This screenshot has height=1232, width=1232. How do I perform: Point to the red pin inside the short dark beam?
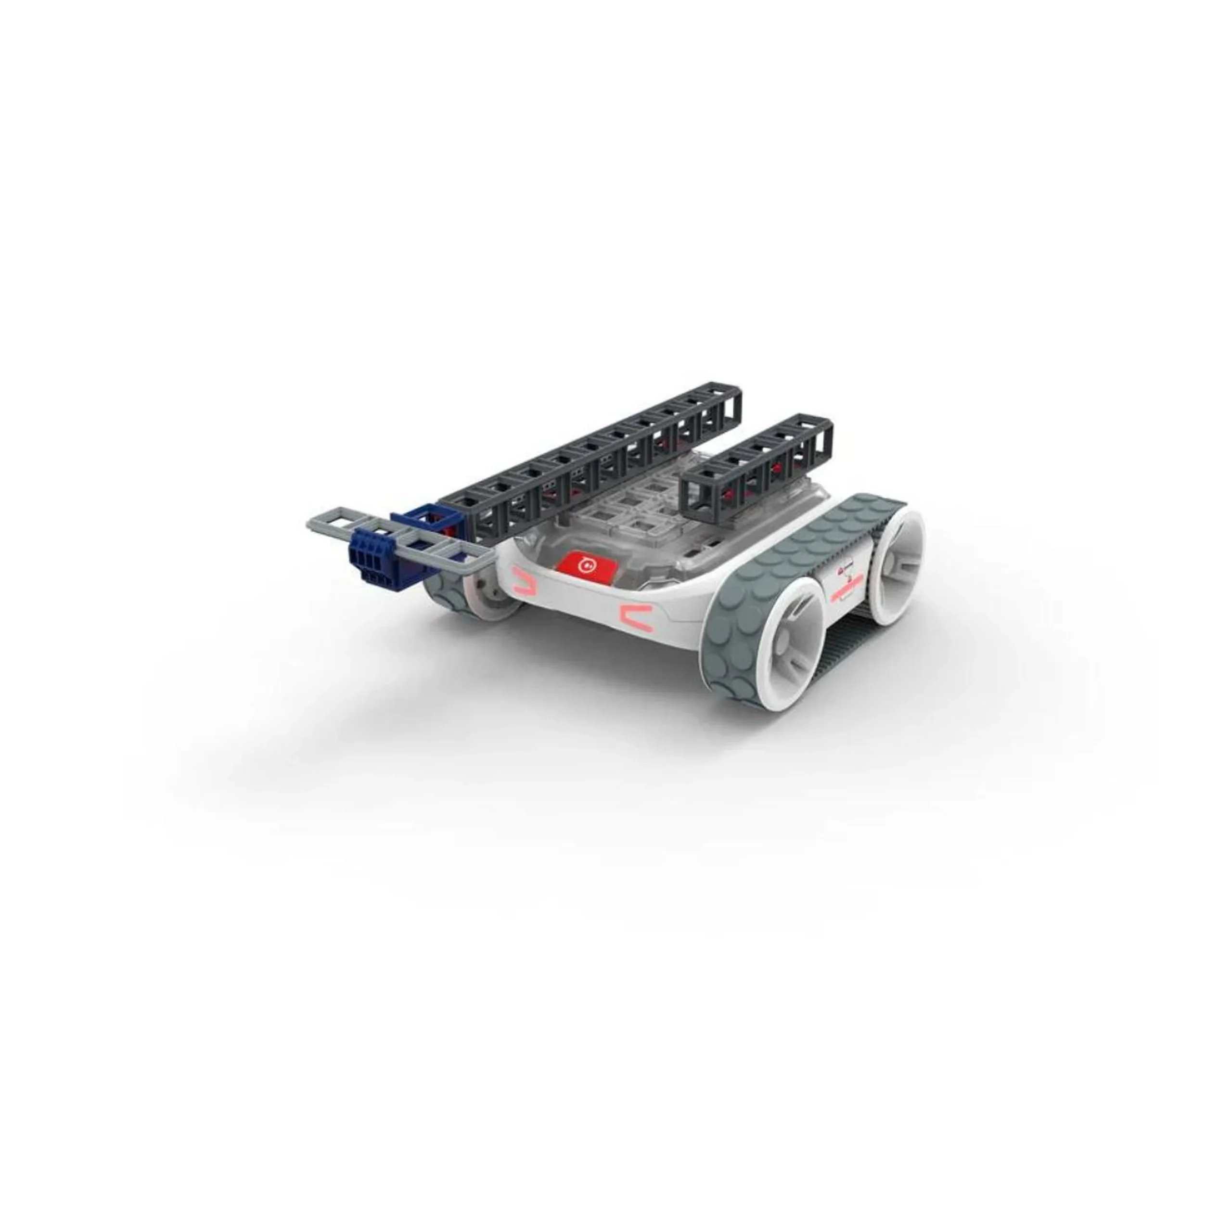pos(777,465)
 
